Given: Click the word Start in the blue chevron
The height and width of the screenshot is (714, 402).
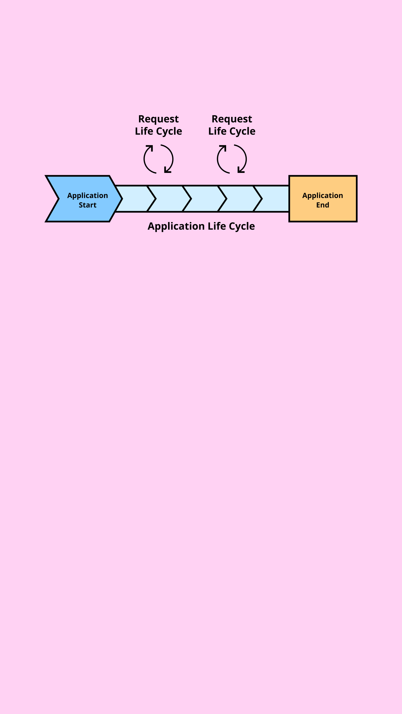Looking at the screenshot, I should (87, 205).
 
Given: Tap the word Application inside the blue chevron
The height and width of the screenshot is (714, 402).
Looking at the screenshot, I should (87, 196).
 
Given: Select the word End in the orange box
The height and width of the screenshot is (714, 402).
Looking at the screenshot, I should (322, 205).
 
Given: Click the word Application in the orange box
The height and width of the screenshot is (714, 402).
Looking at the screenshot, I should (322, 196).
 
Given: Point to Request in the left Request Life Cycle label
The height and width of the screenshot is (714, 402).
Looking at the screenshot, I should (158, 119).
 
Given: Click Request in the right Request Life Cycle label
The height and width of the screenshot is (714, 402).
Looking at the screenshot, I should (232, 119).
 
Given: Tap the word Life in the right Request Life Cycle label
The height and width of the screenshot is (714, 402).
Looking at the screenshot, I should (217, 131).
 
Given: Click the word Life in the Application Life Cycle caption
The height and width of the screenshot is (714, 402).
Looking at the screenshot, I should (217, 226).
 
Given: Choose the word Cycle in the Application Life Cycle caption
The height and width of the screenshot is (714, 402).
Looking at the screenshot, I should (242, 226).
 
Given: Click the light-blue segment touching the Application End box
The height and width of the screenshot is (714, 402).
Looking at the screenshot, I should (275, 199).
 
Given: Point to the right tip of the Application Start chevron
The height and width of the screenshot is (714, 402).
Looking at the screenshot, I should (122, 199).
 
